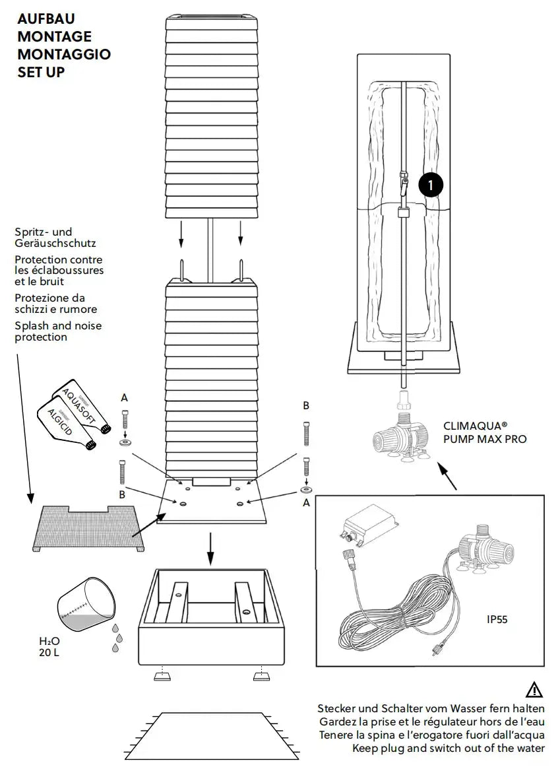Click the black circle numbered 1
point(431,185)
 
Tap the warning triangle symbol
point(534,690)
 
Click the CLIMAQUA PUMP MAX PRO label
point(485,433)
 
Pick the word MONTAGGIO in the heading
point(64,54)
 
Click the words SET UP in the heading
point(41,72)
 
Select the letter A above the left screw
point(125,397)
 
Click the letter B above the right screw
point(306,405)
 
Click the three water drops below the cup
point(117,638)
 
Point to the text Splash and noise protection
point(58,331)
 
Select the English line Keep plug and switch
point(448,748)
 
